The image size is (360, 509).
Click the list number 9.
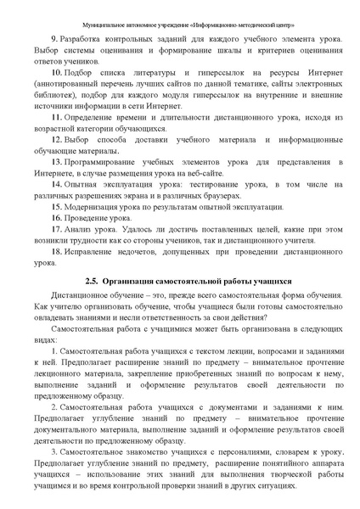click(54, 39)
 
